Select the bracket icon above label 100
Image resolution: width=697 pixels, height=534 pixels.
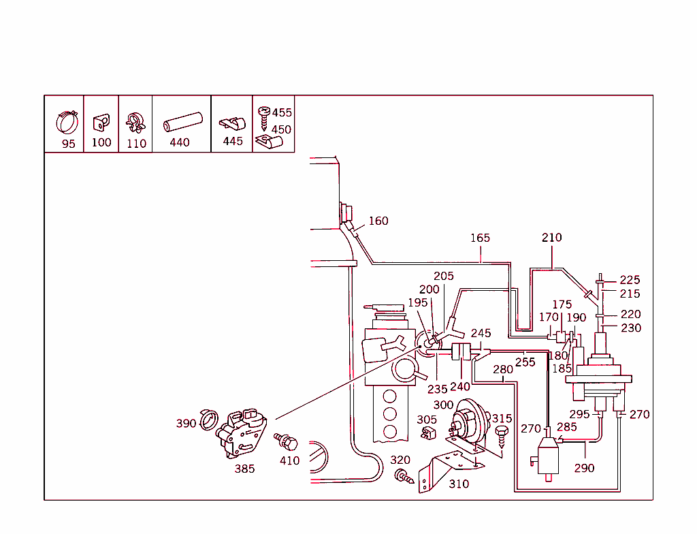tap(101, 123)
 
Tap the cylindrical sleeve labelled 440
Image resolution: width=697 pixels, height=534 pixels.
tap(183, 122)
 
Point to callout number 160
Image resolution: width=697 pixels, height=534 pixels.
tap(378, 221)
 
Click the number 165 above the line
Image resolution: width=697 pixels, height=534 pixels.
tap(480, 238)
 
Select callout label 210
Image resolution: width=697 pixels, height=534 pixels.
tap(552, 238)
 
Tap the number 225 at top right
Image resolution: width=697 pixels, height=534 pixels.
tap(630, 280)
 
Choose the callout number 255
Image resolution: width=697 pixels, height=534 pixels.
tap(525, 362)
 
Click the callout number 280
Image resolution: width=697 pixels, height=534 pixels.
tap(503, 370)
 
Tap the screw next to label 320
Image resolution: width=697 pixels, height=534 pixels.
tap(404, 476)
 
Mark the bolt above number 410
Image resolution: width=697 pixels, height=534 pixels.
tap(287, 442)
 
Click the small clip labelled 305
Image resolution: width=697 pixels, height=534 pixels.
tap(427, 433)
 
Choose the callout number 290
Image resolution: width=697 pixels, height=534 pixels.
tap(584, 468)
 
